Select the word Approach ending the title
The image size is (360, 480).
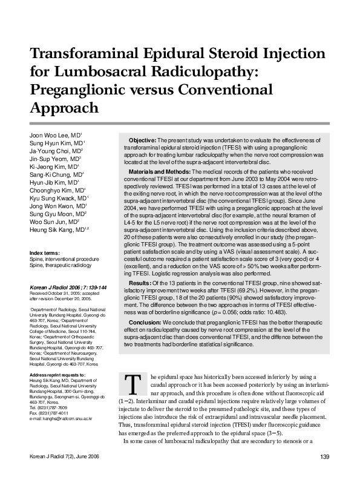click(64, 108)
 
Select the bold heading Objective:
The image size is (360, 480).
click(143, 140)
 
